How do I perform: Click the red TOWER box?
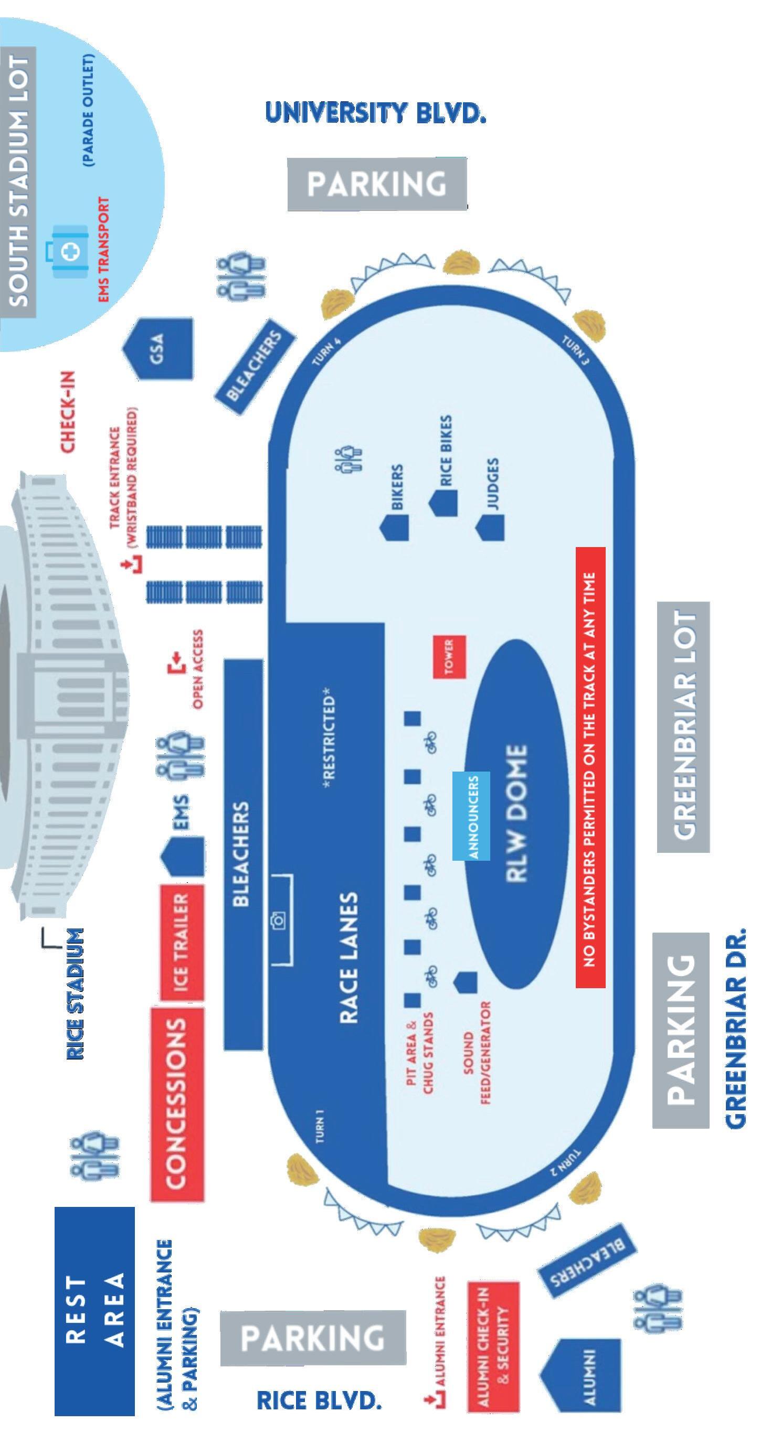point(449,656)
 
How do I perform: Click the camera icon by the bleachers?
point(279,920)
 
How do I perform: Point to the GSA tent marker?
point(158,348)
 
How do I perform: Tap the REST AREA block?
point(94,1311)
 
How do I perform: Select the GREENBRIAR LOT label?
point(683,726)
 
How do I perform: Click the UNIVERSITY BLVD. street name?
point(375,113)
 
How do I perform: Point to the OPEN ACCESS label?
point(196,670)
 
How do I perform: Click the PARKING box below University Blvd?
point(377,184)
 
